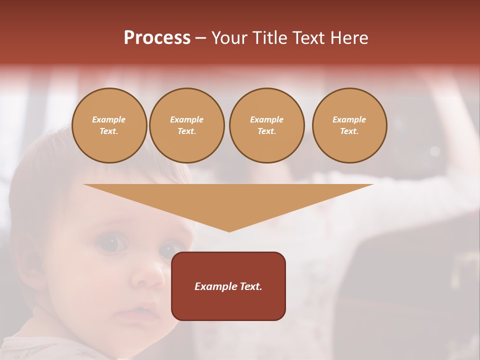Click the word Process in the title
pyautogui.click(x=157, y=37)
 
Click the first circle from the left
pyautogui.click(x=109, y=125)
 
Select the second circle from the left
pyautogui.click(x=187, y=125)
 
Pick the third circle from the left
pyautogui.click(x=267, y=125)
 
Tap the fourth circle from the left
pyautogui.click(x=349, y=125)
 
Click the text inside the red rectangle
pyautogui.click(x=228, y=286)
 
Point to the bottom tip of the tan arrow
pyautogui.click(x=229, y=230)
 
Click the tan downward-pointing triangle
pyautogui.click(x=228, y=200)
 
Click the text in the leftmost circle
pyautogui.click(x=109, y=125)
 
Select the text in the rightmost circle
pyautogui.click(x=349, y=125)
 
